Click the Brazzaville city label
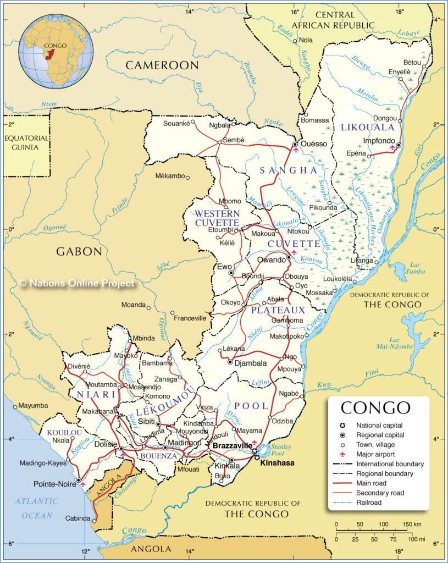[233, 445]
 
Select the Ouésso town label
[314, 144]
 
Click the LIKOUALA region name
[368, 127]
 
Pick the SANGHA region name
[289, 170]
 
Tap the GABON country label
[79, 252]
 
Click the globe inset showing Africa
[56, 51]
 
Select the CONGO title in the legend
[375, 408]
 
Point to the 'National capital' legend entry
[379, 426]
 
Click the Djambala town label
[251, 363]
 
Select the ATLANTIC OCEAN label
[36, 509]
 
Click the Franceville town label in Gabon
[190, 318]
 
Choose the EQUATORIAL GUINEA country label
[26, 143]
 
